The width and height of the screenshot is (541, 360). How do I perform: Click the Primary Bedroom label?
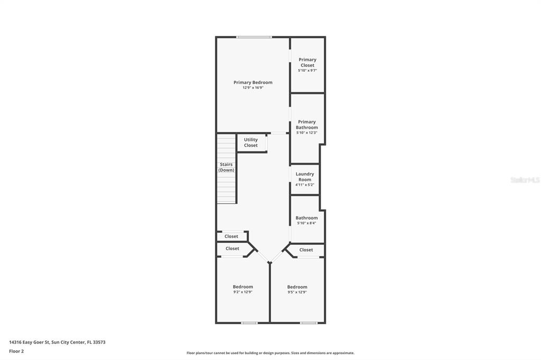[253, 82]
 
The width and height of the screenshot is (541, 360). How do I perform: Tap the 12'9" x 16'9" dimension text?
[253, 88]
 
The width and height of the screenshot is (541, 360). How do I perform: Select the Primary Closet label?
[307, 62]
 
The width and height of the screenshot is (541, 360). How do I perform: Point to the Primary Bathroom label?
[307, 125]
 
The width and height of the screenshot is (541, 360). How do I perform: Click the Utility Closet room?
[251, 143]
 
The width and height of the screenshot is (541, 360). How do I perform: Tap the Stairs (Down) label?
[227, 167]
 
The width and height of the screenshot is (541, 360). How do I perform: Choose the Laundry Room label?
[305, 177]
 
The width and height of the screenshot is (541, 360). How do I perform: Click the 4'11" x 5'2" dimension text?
[305, 185]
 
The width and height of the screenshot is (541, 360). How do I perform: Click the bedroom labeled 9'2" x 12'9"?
[243, 289]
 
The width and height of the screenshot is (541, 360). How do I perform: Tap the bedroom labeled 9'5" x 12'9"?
[297, 289]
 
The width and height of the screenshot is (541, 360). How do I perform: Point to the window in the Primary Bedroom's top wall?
[254, 37]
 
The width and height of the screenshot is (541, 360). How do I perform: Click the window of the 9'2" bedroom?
[249, 323]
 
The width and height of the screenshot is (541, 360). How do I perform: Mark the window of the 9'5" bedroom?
[309, 323]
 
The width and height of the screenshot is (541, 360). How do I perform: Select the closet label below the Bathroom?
[306, 250]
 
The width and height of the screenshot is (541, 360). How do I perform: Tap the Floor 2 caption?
[16, 351]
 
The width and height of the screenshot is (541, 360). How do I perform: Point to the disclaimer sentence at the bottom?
[270, 353]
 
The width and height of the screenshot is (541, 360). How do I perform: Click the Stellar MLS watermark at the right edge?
[525, 180]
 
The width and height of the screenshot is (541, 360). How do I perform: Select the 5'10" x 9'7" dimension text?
[307, 70]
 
